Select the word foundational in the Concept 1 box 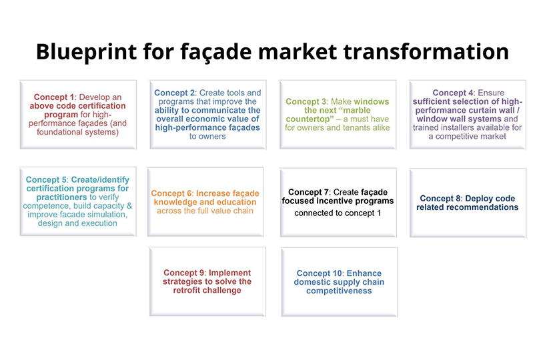[x=59, y=132]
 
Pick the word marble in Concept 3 [x=354, y=111]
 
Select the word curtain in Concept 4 [x=484, y=111]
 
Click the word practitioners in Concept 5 [x=62, y=197]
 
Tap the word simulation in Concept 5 [x=109, y=215]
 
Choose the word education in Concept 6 [x=237, y=202]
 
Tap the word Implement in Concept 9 [x=229, y=273]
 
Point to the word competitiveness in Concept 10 [x=339, y=291]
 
